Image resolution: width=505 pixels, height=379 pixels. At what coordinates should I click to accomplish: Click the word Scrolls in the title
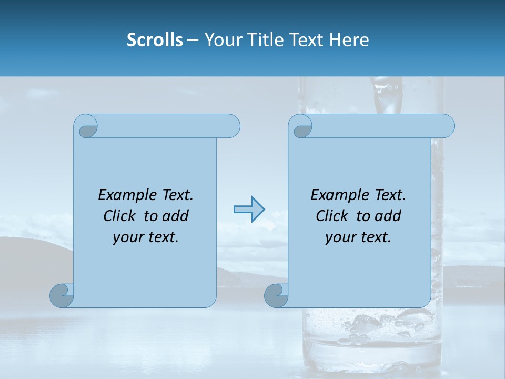coord(155,40)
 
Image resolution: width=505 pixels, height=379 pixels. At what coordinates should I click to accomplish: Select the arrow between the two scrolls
coord(249,210)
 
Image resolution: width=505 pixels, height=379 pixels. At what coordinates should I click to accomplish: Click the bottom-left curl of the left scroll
coord(62,295)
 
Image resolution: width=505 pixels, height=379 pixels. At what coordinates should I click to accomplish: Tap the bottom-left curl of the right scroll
coord(276,295)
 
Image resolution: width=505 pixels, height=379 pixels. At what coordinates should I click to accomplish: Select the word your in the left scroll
coord(128,237)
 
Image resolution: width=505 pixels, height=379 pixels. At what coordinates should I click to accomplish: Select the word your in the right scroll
coord(340,237)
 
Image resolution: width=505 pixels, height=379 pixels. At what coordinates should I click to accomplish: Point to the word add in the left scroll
coord(175,216)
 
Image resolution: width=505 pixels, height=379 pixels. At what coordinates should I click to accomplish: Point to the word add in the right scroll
coord(388,216)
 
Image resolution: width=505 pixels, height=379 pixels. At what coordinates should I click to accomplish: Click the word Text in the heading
coord(308,40)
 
